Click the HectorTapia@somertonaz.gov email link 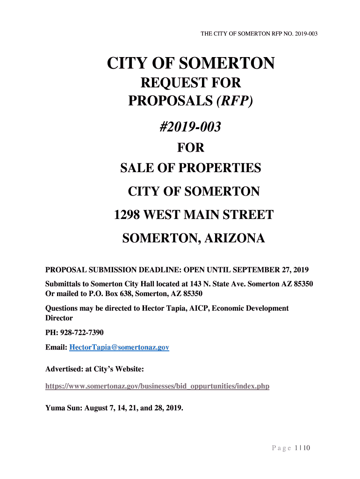[x=119, y=348]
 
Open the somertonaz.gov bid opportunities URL [x=157, y=386]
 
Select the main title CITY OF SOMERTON [x=191, y=63]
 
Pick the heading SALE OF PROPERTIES [x=191, y=168]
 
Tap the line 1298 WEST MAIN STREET [x=194, y=215]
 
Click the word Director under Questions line [x=59, y=318]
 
